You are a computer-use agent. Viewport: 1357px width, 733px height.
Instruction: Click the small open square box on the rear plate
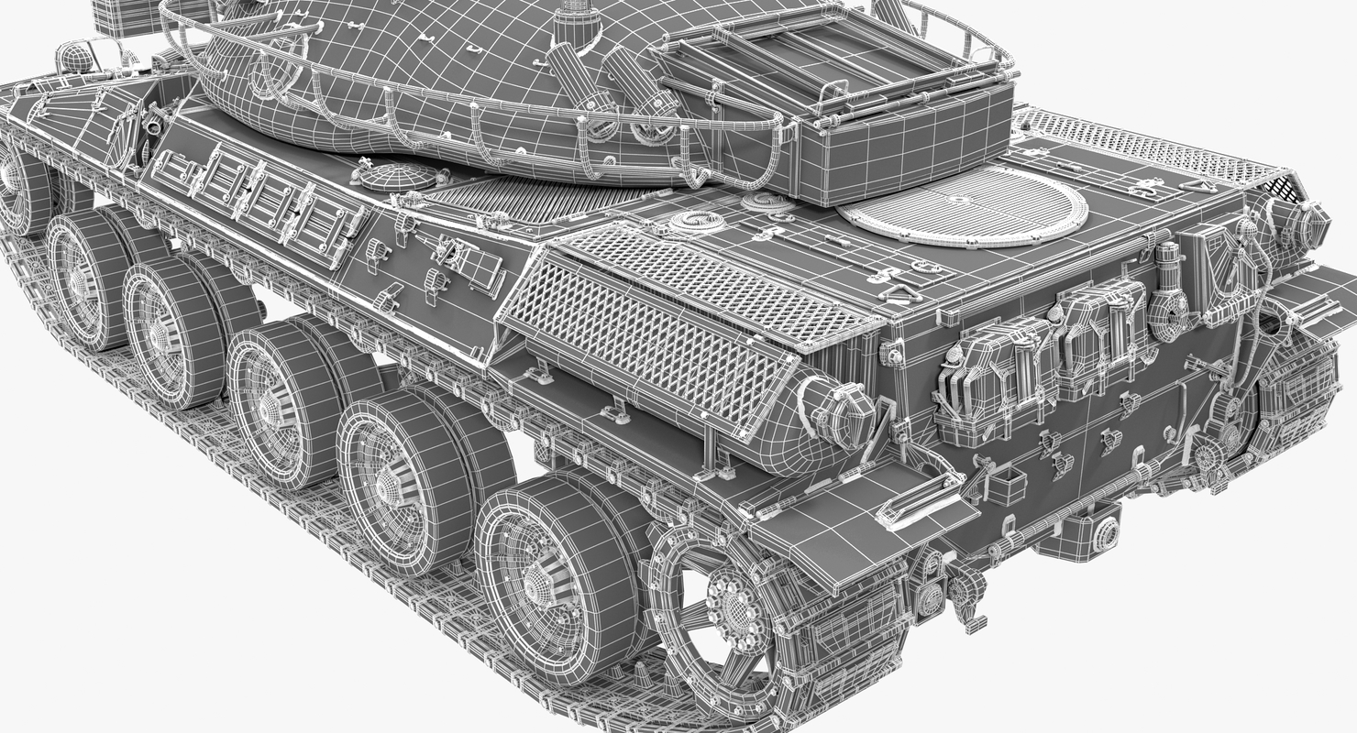pos(1006,485)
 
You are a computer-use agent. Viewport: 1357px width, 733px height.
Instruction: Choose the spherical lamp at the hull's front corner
pos(77,60)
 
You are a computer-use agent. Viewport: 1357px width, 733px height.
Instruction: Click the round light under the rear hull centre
pos(1105,531)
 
